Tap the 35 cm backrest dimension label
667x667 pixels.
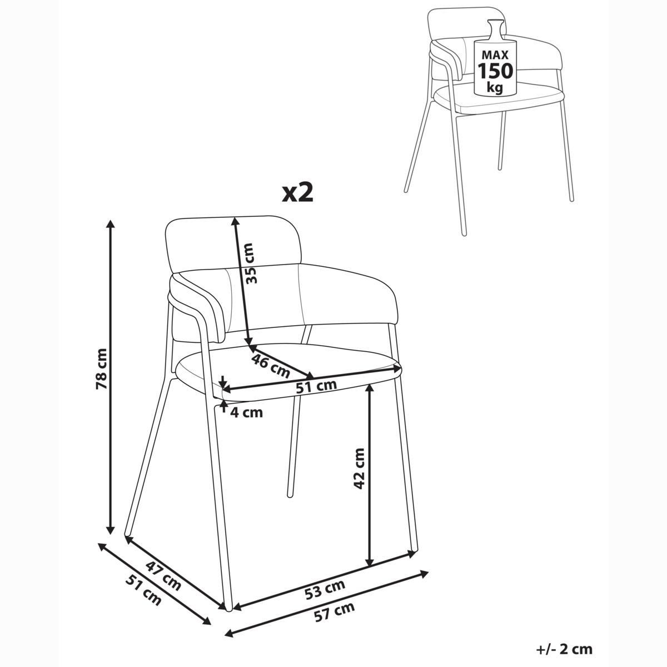pos(252,263)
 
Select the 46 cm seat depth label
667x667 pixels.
pos(270,366)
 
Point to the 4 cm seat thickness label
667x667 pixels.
pos(246,412)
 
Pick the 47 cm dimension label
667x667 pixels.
pos(163,576)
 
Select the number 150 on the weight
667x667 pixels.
pos(495,71)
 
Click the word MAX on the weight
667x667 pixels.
pos(495,54)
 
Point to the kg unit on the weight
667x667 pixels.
pos(495,87)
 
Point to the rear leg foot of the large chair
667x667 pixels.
pos(290,495)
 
